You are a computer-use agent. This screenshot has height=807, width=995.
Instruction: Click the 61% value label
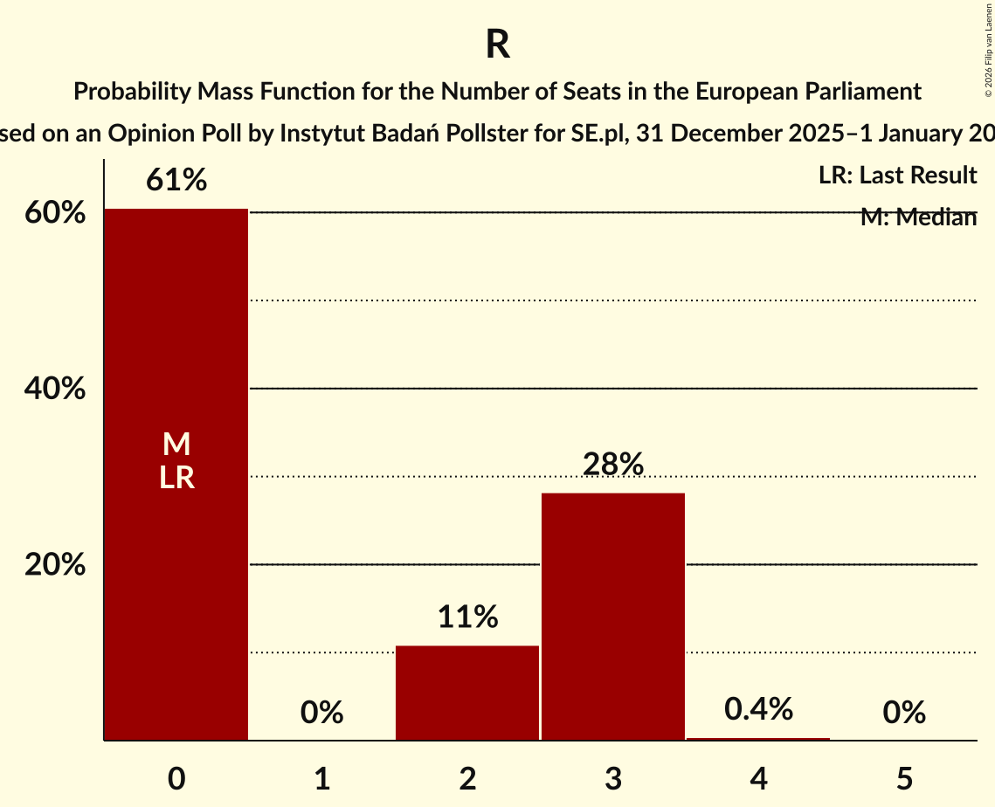point(176,181)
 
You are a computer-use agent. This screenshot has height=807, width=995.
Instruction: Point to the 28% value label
point(612,465)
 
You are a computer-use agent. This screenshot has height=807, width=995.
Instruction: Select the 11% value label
point(467,617)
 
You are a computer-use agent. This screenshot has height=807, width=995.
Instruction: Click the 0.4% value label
point(758,710)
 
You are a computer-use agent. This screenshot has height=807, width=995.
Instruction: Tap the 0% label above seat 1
point(321,714)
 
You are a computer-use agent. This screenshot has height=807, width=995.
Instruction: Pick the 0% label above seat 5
point(903,714)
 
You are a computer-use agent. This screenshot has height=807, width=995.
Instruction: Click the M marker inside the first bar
point(176,445)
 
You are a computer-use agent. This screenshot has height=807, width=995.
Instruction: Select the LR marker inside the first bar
point(176,478)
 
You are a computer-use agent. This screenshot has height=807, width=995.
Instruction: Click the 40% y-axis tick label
point(55,389)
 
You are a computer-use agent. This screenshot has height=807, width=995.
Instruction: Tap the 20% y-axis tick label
point(55,565)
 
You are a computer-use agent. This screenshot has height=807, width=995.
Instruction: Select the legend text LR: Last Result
point(897,176)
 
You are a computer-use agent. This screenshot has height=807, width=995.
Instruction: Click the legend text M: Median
point(918,217)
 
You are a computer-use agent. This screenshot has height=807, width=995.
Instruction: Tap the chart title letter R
point(498,45)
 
